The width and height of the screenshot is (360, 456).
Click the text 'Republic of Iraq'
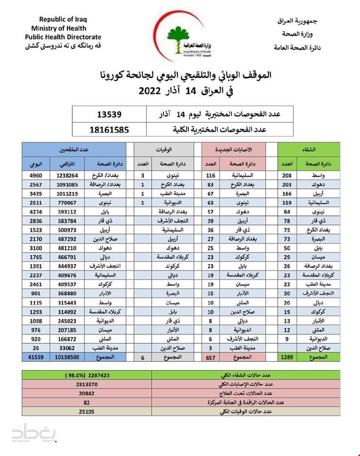[x=62, y=19]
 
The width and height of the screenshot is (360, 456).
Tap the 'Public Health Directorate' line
[x=63, y=36]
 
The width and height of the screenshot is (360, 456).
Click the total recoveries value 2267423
[x=94, y=376]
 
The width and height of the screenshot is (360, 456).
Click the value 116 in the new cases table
[x=211, y=175]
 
